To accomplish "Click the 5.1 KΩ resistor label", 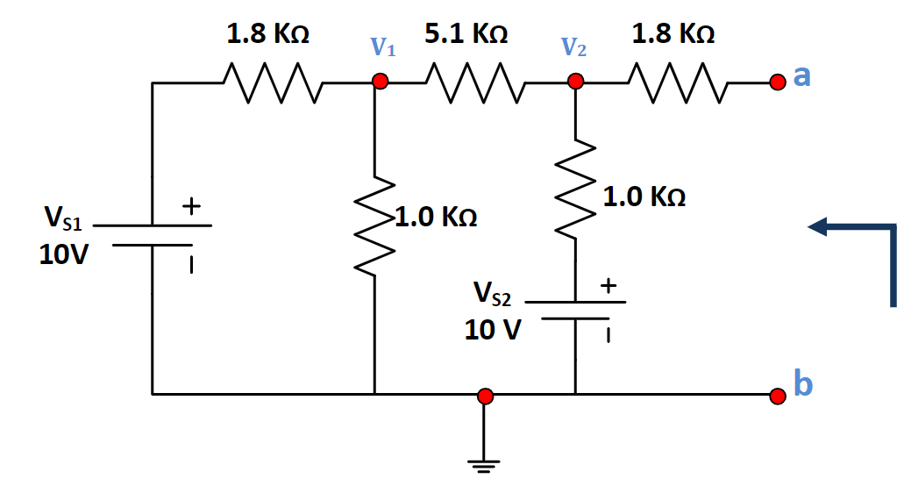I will (x=466, y=35).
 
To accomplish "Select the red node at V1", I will (x=380, y=82).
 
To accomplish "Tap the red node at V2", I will (x=575, y=82).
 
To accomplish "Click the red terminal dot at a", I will (x=776, y=82).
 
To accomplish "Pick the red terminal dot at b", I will (x=776, y=396).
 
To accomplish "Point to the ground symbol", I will (x=483, y=461).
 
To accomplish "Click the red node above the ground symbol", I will (x=483, y=396).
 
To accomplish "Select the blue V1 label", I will (x=382, y=47).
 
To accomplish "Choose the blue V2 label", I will (x=574, y=47).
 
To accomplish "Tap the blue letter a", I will (x=801, y=77).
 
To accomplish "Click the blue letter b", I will (x=802, y=383).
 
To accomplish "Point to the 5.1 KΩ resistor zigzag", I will (x=474, y=82).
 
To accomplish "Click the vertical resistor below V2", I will (x=575, y=188).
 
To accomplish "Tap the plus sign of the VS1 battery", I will (x=191, y=207).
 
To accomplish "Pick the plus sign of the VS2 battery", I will (x=608, y=286).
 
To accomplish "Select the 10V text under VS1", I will (x=63, y=254).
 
